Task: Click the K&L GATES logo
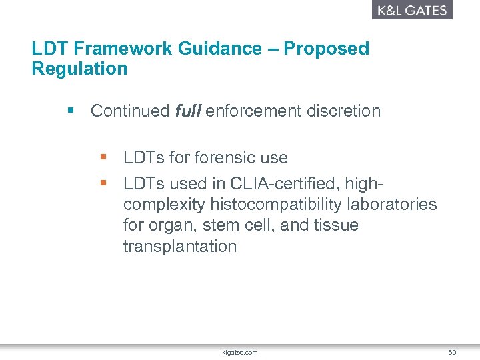[x=411, y=10]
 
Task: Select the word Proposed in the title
[x=327, y=49]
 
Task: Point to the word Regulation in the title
[x=79, y=69]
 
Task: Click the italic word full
[x=187, y=111]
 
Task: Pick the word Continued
[x=130, y=111]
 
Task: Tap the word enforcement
[x=254, y=111]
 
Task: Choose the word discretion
[x=343, y=111]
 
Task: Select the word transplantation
[x=180, y=247]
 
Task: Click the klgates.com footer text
[x=239, y=351]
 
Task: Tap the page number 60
[x=452, y=351]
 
